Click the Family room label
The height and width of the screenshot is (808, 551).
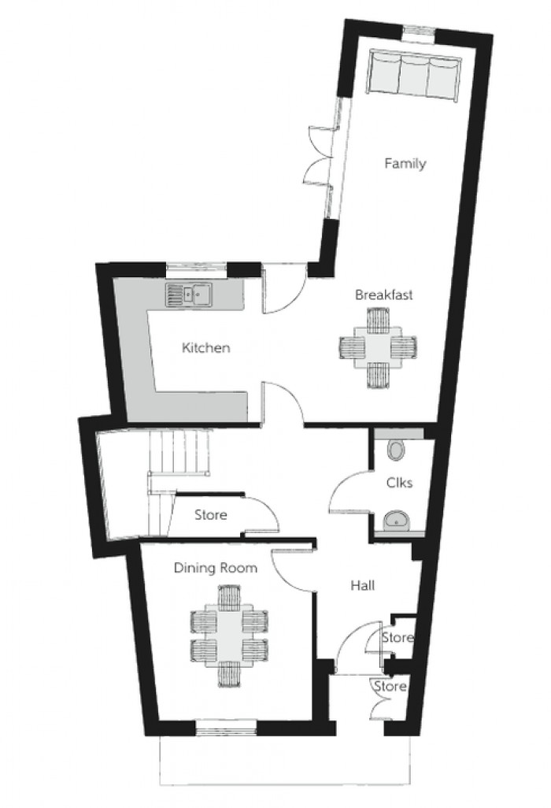point(405,164)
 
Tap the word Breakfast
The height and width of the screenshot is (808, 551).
point(383,295)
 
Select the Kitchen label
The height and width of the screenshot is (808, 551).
point(206,348)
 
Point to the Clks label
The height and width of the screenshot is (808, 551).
point(399,483)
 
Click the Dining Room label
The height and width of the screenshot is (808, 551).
point(215,569)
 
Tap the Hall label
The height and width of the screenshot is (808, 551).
point(363,585)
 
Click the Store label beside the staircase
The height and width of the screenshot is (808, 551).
point(211,515)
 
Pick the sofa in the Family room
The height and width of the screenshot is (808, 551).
point(413,73)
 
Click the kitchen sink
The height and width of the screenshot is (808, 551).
point(189,295)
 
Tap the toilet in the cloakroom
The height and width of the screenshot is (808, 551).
point(397,450)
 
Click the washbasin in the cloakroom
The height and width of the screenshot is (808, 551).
point(397,521)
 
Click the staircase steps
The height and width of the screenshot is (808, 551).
point(178,454)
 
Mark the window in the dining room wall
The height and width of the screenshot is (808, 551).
point(226,727)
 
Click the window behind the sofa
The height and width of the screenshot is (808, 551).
point(418,32)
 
